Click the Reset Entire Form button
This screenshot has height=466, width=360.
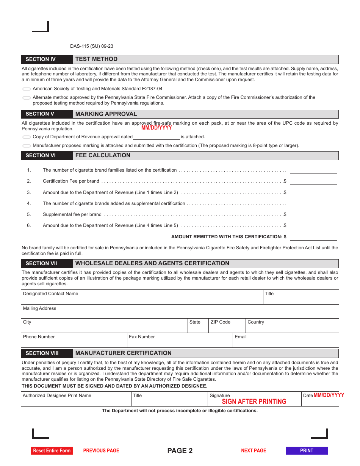tap(52, 450)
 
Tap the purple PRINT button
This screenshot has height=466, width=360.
tap(307, 450)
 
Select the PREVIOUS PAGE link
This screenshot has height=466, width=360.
tap(101, 450)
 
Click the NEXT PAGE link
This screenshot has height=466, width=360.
tap(254, 450)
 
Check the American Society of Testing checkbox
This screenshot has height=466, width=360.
tap(27, 89)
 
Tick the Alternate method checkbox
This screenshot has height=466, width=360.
tap(27, 98)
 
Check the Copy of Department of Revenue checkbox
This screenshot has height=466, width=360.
tap(27, 137)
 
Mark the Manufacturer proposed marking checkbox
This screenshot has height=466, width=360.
tap(27, 146)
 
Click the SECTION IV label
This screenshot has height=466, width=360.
tap(41, 59)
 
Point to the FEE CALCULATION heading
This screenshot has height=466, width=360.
tap(103, 155)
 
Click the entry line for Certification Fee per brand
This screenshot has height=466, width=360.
tap(313, 181)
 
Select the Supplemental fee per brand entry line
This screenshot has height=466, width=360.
tap(313, 214)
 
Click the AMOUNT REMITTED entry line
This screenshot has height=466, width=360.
tap(313, 237)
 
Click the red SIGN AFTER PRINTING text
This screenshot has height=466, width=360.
tap(254, 402)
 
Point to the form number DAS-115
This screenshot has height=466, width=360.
tap(92, 46)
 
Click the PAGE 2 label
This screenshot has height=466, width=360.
tap(180, 450)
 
